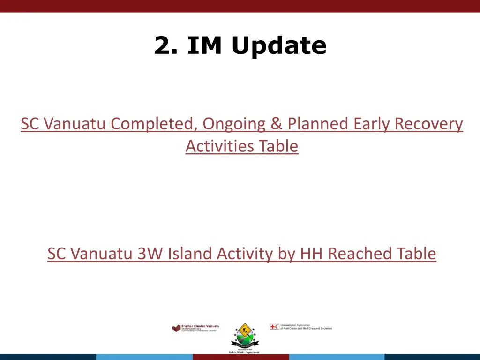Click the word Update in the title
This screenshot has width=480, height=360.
(278, 46)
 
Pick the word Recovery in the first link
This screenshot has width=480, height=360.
(428, 124)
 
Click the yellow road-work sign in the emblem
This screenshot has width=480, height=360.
(243, 330)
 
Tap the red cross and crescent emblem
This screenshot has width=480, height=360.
(274, 327)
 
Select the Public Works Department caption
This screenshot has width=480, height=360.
(244, 352)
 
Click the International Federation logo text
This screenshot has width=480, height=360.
(306, 327)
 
